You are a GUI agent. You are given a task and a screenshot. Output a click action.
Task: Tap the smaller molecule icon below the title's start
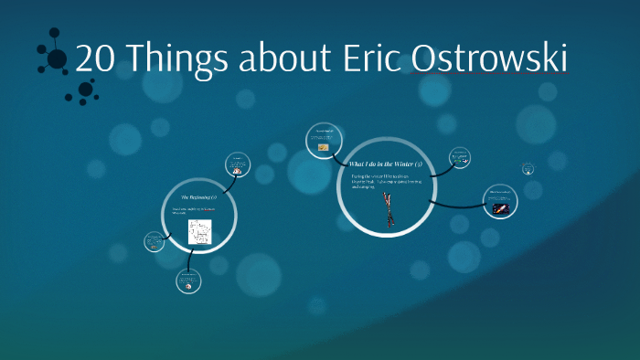[x=85, y=90]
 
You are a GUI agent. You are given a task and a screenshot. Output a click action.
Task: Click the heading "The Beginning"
[x=198, y=197]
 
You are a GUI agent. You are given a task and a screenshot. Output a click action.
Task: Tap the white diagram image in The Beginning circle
[x=200, y=232]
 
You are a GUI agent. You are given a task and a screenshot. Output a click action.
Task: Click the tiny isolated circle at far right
[x=528, y=168]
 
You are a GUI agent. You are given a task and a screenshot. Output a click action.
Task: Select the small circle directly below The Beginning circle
[x=188, y=281]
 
